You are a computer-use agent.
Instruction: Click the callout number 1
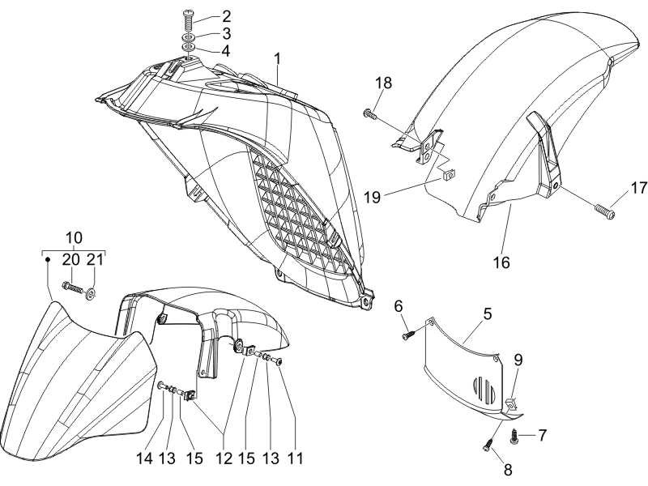click(277, 59)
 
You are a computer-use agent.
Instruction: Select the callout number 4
click(226, 51)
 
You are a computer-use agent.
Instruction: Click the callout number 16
click(501, 262)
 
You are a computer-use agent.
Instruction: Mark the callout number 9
click(518, 360)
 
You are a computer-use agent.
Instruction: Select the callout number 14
click(145, 458)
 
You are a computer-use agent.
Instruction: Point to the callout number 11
click(295, 458)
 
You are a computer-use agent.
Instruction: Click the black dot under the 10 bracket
click(48, 259)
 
